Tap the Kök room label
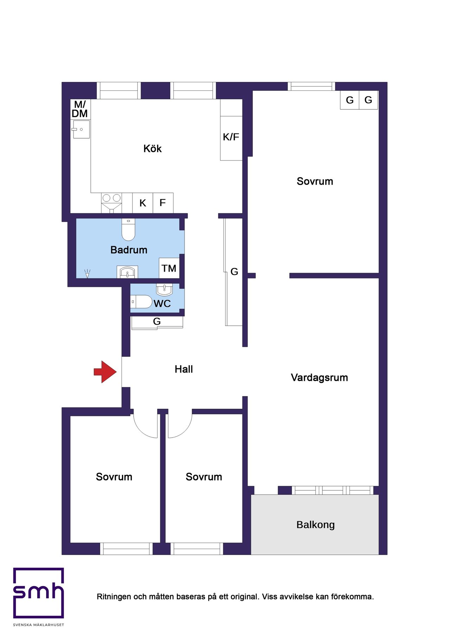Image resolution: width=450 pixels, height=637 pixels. (x=152, y=149)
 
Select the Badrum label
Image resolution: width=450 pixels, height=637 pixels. (x=129, y=250)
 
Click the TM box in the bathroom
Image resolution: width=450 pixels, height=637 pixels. (x=169, y=268)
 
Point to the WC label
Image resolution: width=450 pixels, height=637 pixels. (x=162, y=304)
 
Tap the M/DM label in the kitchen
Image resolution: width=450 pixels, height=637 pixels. (x=80, y=109)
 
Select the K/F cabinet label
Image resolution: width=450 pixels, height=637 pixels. (x=231, y=137)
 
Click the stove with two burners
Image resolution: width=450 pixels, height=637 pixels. (x=111, y=198)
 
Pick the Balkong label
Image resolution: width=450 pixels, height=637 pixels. (x=315, y=525)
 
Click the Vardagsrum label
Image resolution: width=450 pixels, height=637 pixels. (x=319, y=378)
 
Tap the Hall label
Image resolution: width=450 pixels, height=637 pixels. (x=184, y=369)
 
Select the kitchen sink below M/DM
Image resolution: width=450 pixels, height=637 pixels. (x=81, y=129)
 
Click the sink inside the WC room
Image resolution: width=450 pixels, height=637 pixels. (x=164, y=289)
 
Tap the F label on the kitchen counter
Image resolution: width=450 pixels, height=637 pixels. (x=162, y=203)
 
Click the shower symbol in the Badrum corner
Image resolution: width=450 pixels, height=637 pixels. (x=87, y=273)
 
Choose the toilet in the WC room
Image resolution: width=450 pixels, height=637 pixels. (x=141, y=302)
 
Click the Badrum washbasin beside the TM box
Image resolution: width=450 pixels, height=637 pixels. (x=127, y=272)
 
